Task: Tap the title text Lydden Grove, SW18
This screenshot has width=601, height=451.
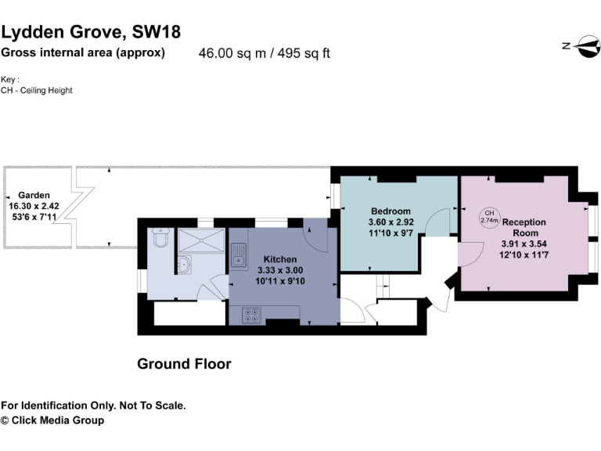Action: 91,32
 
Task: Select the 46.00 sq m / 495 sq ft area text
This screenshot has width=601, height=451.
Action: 265,54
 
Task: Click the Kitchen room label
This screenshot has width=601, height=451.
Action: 279,259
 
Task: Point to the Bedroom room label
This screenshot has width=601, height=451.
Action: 390,211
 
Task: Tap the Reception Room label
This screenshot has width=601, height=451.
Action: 524,227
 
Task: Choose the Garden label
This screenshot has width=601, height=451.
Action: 34,195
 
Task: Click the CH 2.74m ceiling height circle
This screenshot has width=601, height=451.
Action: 489,217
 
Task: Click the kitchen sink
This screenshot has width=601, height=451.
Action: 237,252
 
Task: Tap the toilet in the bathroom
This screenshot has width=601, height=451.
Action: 160,236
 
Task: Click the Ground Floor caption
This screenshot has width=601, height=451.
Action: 184,364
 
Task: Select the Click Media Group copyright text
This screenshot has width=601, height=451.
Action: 52,420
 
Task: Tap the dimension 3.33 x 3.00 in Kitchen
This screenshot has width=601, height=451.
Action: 279,270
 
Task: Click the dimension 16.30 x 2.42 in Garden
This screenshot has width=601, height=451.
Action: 34,205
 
